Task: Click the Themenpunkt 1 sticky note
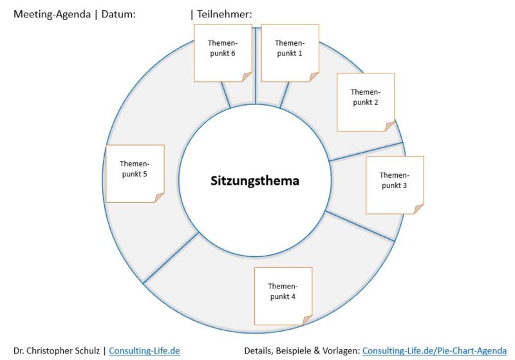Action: click(x=290, y=53)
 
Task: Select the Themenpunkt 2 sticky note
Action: click(x=366, y=102)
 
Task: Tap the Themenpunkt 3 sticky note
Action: click(x=395, y=185)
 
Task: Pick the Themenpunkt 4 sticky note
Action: click(x=283, y=296)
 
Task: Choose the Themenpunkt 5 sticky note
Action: click(x=135, y=173)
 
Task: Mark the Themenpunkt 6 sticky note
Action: click(x=222, y=53)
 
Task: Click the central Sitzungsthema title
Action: click(x=255, y=180)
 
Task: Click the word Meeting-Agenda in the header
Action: click(x=52, y=14)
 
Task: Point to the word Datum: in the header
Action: click(x=118, y=14)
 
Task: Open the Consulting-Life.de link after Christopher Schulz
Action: click(x=144, y=351)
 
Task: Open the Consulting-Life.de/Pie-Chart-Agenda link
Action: click(x=435, y=351)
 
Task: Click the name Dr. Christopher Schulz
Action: click(x=57, y=351)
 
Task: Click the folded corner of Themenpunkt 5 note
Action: click(x=159, y=197)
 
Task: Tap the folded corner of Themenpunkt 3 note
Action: click(x=419, y=209)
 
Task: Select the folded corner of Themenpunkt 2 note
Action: click(x=389, y=126)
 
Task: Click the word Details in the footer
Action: click(x=259, y=351)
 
